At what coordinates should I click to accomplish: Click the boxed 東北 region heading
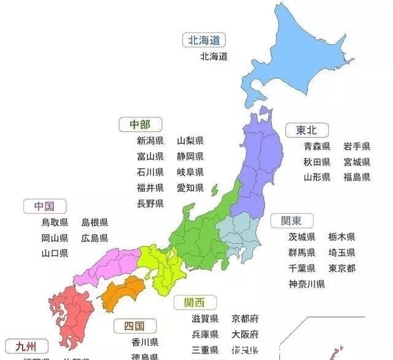307,130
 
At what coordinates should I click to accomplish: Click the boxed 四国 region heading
133,326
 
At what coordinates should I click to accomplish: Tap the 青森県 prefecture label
317,146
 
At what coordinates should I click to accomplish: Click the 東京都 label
341,268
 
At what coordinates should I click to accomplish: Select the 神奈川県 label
306,284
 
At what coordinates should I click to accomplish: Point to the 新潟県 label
150,141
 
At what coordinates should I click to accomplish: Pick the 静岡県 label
190,157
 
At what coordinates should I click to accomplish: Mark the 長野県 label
150,203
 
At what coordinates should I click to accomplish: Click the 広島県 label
95,238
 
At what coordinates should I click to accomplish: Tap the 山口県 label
55,253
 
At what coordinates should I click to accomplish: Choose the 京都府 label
245,319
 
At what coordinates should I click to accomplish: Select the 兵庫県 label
205,335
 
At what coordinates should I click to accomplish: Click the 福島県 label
357,177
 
